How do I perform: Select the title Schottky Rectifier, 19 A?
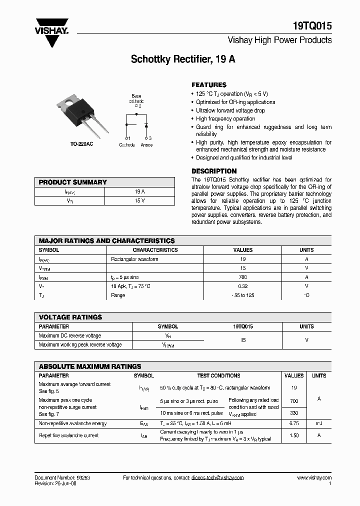[183, 59]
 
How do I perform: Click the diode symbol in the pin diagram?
[146, 124]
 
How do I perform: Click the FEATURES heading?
[209, 85]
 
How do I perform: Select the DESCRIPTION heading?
[214, 171]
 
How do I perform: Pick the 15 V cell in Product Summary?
[139, 200]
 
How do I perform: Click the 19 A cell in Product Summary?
[139, 191]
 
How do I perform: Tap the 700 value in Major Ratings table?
[243, 277]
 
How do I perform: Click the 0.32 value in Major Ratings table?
[243, 286]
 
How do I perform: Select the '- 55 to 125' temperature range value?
[243, 295]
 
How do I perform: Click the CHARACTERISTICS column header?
[155, 250]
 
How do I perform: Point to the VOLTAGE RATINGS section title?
[70, 317]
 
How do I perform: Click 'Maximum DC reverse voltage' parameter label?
[70, 335]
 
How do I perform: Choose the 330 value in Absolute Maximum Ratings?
[294, 413]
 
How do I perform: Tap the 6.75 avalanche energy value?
[294, 423]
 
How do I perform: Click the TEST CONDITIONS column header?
[218, 375]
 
